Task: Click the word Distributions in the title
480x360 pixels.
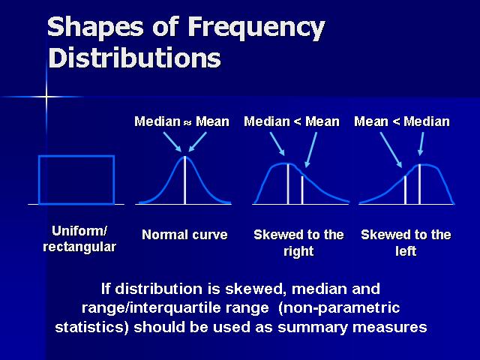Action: click(135, 58)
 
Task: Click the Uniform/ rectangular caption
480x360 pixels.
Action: click(79, 238)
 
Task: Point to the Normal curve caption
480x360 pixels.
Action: click(184, 235)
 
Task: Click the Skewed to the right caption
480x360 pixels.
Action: click(298, 243)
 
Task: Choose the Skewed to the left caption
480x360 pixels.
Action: click(406, 243)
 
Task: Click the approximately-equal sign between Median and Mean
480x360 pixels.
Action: click(187, 122)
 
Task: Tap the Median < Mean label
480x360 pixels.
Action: click(292, 121)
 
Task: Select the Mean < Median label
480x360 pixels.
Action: click(402, 121)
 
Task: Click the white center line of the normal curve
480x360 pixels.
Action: click(185, 180)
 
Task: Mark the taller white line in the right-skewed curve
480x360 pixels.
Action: click(288, 184)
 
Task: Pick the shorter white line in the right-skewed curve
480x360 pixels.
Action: click(302, 190)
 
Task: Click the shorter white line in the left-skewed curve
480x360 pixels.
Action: click(405, 190)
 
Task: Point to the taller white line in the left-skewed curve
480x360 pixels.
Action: click(419, 184)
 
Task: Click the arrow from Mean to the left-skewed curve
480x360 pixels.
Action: click(391, 150)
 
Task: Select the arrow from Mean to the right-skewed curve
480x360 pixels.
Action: click(311, 150)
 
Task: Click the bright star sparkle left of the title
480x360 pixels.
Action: click(46, 97)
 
